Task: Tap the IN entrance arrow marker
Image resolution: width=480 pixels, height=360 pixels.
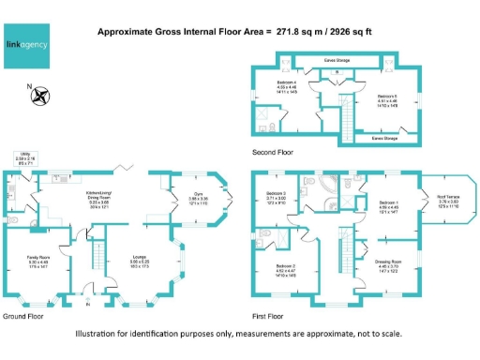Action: point(89,302)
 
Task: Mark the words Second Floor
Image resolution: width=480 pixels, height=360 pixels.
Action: point(273,151)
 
